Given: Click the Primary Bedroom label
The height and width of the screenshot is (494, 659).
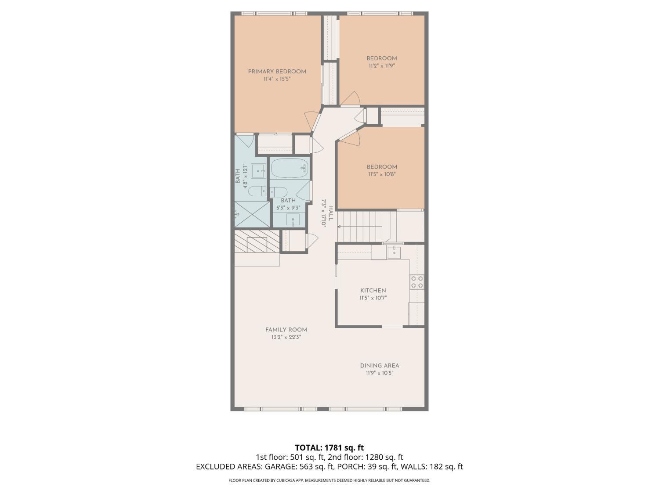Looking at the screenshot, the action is [x=277, y=72].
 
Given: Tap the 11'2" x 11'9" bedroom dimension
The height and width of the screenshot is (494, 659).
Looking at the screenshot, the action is [x=382, y=66].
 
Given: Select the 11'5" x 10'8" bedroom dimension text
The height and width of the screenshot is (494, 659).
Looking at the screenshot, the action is [x=382, y=174].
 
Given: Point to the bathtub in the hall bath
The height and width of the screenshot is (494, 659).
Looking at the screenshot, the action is [x=290, y=168].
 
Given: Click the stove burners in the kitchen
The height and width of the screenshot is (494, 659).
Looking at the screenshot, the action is [x=417, y=282].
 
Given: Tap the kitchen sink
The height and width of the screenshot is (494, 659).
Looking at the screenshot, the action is [x=394, y=252].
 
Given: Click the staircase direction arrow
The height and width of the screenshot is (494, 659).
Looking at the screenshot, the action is [x=360, y=227].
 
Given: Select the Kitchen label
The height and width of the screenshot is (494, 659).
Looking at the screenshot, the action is [x=373, y=290].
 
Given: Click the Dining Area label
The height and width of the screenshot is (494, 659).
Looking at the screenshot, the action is [x=380, y=366].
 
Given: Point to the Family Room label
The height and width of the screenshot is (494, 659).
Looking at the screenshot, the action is [x=286, y=330].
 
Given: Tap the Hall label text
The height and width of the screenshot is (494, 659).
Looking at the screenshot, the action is [x=330, y=213].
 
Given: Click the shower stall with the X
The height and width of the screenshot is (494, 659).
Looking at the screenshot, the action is [x=252, y=214].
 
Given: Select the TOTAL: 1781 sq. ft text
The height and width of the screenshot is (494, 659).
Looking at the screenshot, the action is [x=329, y=448].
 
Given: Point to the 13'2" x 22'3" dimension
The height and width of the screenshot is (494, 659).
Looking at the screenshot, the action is [x=286, y=337].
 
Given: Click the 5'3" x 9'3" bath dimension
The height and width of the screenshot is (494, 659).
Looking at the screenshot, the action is [x=288, y=207].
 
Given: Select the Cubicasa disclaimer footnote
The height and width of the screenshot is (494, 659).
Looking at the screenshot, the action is [x=329, y=480].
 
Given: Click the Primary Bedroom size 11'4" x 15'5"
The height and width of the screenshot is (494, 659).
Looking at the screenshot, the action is [x=277, y=79].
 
